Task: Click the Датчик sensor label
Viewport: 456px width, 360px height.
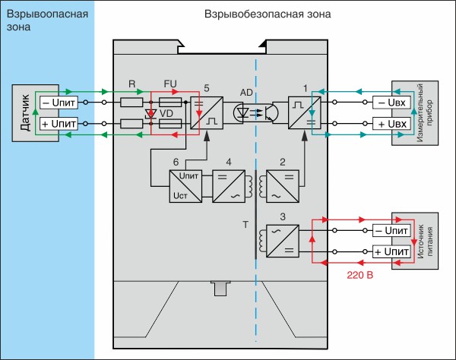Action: [25, 112]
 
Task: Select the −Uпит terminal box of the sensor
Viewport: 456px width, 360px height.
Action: [59, 103]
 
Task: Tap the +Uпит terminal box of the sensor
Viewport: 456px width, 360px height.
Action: [59, 124]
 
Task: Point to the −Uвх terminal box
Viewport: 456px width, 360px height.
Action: [392, 103]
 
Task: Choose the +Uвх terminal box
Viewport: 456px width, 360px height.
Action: [392, 124]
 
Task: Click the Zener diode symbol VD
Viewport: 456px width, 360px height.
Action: [150, 114]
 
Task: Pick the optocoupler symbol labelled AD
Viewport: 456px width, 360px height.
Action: [256, 112]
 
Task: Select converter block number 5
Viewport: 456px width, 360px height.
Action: [207, 112]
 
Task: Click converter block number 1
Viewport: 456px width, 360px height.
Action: [305, 112]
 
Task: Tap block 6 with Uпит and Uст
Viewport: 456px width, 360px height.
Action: [185, 186]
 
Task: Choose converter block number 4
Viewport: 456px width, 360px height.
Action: [229, 186]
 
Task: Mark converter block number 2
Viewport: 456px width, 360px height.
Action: [283, 186]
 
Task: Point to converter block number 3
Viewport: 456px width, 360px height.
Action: [283, 241]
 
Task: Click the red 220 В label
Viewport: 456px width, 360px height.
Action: [359, 275]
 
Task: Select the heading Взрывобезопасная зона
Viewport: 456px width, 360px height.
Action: [268, 14]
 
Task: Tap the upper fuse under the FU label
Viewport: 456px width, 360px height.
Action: [170, 103]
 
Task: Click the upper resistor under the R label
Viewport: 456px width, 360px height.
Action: [131, 103]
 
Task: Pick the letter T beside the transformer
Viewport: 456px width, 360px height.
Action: [245, 224]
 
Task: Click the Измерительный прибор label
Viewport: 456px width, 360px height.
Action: [424, 112]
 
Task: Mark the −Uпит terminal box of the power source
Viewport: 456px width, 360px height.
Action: [391, 230]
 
